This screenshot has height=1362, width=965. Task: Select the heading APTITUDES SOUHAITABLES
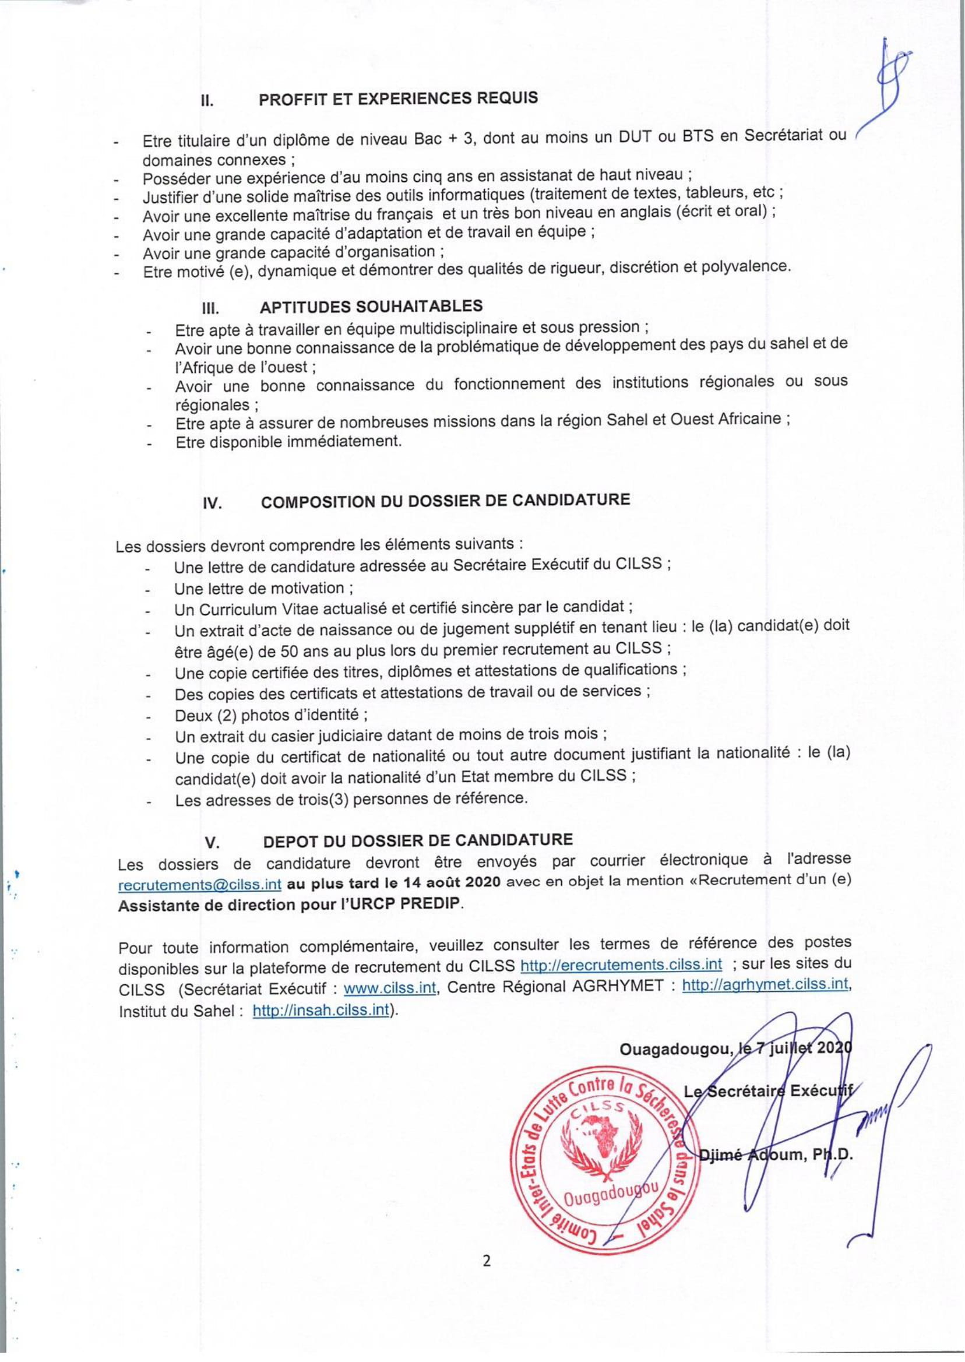(x=371, y=307)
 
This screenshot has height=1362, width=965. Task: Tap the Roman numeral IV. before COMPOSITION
(x=212, y=504)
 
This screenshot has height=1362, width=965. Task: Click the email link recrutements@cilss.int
(x=200, y=885)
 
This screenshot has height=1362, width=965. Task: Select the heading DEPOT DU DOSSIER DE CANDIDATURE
(x=418, y=840)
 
